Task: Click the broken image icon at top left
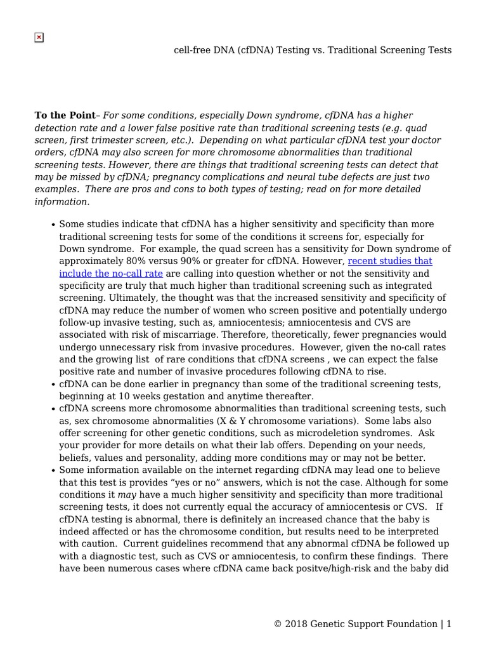pyautogui.click(x=39, y=37)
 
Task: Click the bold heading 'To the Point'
pyautogui.click(x=64, y=116)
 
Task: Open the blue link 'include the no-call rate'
pyautogui.click(x=111, y=274)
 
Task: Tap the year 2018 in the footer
pyautogui.click(x=295, y=624)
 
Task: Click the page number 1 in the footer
pyautogui.click(x=449, y=624)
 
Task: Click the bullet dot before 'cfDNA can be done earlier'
pyautogui.click(x=53, y=385)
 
